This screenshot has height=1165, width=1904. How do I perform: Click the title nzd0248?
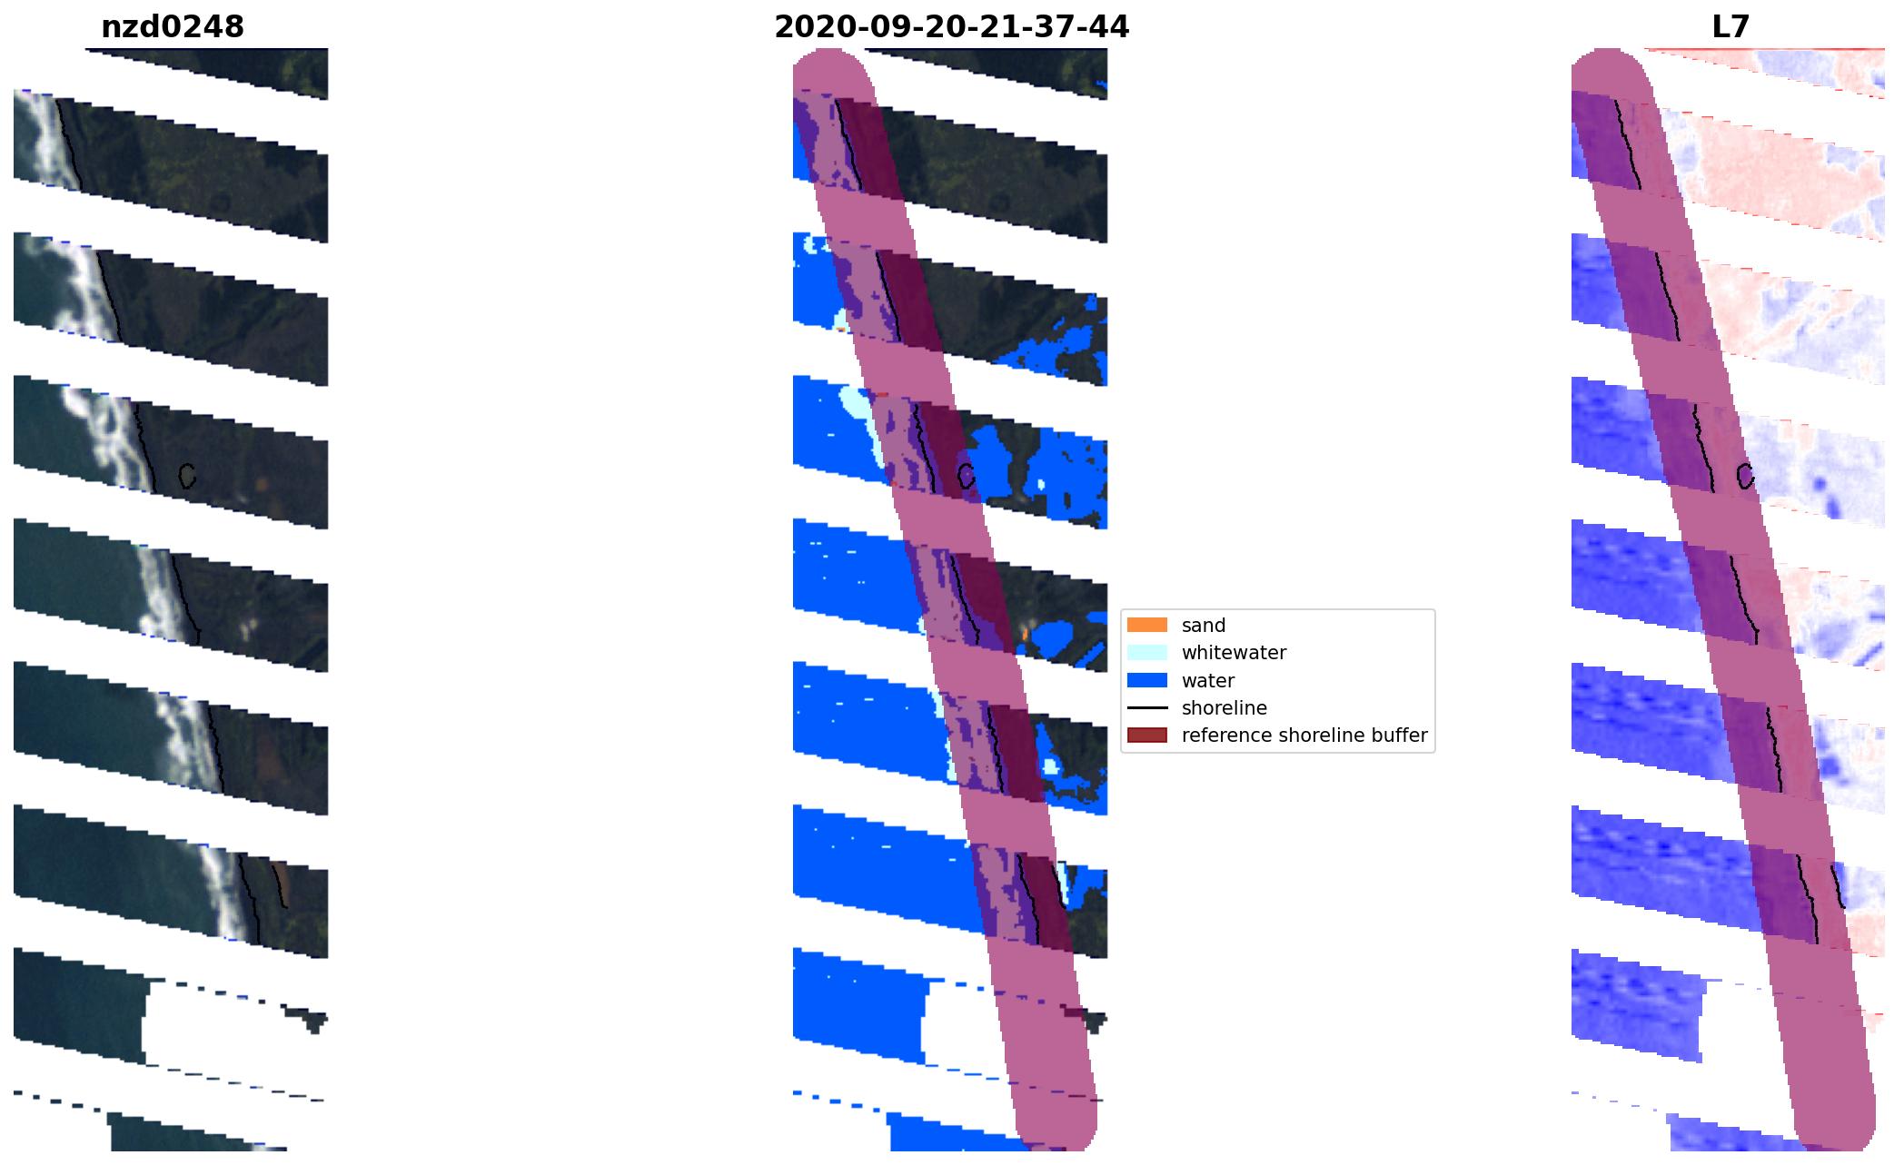[173, 27]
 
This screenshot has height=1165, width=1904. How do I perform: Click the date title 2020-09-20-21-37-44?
[951, 27]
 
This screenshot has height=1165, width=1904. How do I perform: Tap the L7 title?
[1730, 27]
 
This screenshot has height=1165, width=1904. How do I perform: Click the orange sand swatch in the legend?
[1146, 625]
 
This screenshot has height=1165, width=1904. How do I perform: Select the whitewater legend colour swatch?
[1146, 652]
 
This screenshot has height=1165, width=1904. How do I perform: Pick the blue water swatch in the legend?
[1146, 680]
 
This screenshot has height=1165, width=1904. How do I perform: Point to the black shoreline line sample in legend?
[1146, 707]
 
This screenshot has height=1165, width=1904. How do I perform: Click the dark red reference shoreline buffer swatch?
[1146, 735]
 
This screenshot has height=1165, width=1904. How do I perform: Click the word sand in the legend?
[1204, 626]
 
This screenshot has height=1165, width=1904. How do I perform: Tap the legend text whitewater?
[1234, 653]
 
